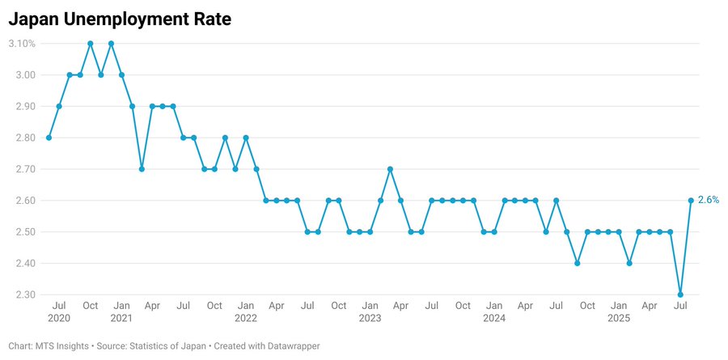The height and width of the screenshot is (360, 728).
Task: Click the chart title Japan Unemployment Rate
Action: [x=120, y=20]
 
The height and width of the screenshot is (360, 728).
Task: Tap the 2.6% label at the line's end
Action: [x=708, y=200]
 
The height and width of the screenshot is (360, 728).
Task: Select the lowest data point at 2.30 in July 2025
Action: [x=680, y=294]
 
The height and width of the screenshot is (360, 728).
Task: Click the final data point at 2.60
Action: [x=691, y=200]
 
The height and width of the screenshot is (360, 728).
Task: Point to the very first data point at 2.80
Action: [x=49, y=138]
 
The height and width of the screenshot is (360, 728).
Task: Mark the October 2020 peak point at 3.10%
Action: [x=90, y=44]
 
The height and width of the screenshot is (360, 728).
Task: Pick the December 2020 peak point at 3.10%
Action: [x=111, y=44]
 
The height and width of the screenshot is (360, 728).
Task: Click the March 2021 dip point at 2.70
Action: [x=142, y=169]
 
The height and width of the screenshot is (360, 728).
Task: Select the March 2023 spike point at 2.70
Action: [x=391, y=169]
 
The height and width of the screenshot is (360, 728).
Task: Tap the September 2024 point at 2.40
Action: [x=577, y=263]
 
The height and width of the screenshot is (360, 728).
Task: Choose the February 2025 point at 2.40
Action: [x=629, y=263]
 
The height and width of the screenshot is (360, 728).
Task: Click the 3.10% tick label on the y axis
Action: [x=22, y=44]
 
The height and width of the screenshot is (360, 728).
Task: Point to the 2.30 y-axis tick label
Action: [x=24, y=294]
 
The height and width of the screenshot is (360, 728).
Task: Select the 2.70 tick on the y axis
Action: [x=24, y=169]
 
